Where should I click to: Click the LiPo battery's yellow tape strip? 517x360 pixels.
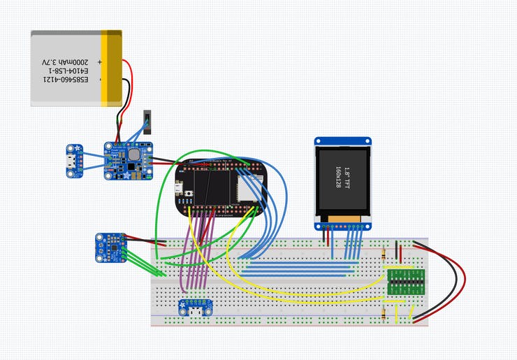(x=111, y=68)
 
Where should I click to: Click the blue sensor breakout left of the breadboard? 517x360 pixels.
(x=109, y=247)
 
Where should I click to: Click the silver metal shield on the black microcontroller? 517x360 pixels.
(x=249, y=188)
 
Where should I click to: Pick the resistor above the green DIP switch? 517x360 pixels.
(x=386, y=257)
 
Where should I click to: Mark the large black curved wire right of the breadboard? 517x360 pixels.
(x=455, y=280)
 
